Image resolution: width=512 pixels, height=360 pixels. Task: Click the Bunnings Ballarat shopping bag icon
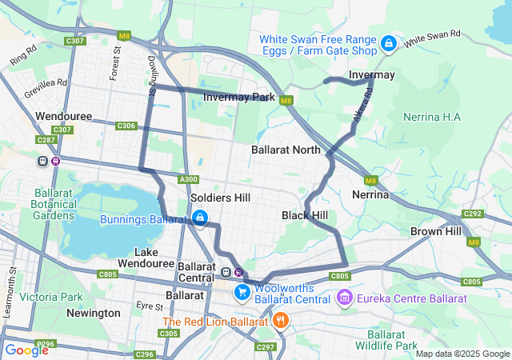pyautogui.click(x=200, y=217)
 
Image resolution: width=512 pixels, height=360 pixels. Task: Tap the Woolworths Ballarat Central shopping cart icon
pyautogui.click(x=241, y=293)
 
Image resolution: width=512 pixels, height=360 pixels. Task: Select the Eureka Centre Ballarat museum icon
pyautogui.click(x=345, y=298)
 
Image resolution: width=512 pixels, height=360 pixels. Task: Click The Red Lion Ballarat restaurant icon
pyautogui.click(x=279, y=322)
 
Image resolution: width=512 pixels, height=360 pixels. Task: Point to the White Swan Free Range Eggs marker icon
pyautogui.click(x=388, y=43)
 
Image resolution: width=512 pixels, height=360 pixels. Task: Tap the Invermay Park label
pyautogui.click(x=238, y=98)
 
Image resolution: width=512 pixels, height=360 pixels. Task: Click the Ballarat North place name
pyautogui.click(x=286, y=150)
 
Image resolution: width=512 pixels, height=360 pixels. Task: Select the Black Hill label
pyautogui.click(x=304, y=216)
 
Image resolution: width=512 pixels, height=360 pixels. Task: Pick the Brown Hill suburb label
pyautogui.click(x=436, y=231)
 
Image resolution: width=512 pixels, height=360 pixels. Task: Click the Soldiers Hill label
pyautogui.click(x=220, y=198)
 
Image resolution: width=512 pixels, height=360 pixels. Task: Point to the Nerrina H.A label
pyautogui.click(x=432, y=118)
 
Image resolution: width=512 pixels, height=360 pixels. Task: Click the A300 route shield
pyautogui.click(x=189, y=179)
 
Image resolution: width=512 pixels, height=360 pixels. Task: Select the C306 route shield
pyautogui.click(x=126, y=126)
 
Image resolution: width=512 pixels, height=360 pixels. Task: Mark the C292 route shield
pyautogui.click(x=473, y=214)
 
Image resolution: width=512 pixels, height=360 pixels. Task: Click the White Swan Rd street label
pyautogui.click(x=432, y=38)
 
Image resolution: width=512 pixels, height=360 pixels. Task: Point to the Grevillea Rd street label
pyautogui.click(x=46, y=87)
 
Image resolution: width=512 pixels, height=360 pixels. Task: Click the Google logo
pyautogui.click(x=26, y=350)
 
